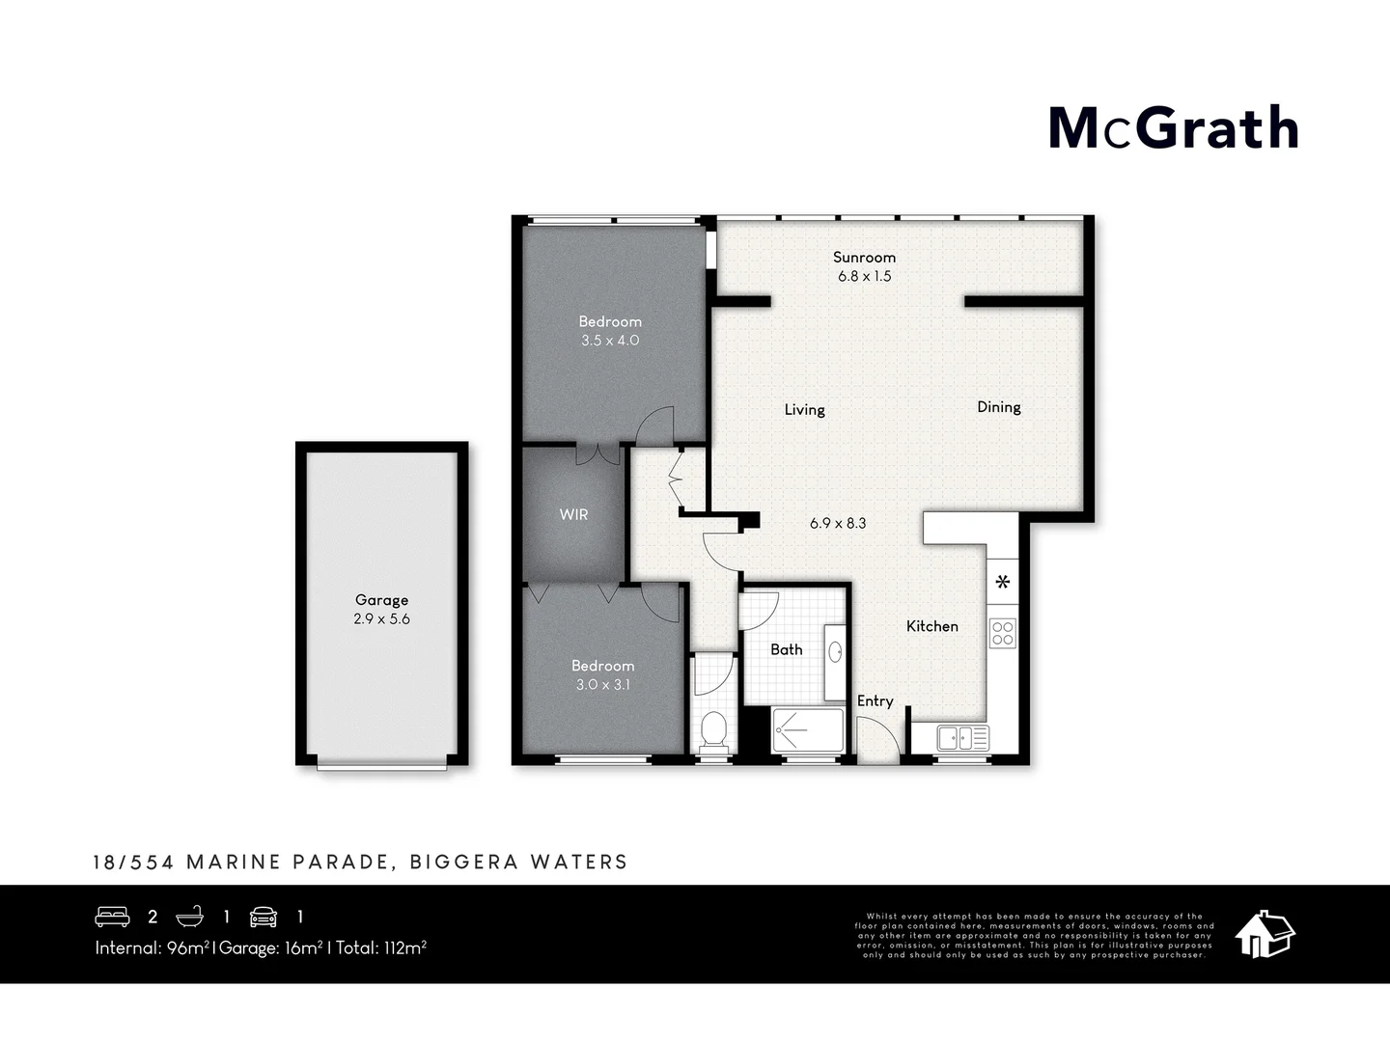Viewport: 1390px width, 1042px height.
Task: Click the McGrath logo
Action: [1173, 129]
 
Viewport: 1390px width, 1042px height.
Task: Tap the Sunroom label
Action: [864, 258]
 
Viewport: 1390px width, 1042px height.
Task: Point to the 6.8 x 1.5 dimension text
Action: [864, 276]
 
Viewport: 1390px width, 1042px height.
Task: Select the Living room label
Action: [804, 410]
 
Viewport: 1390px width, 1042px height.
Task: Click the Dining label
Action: [998, 407]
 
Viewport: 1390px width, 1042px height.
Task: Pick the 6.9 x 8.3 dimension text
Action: [838, 523]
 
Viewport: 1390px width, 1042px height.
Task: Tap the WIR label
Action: [573, 515]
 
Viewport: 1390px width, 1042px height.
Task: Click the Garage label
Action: [381, 600]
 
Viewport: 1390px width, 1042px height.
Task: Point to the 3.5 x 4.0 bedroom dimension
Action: [609, 341]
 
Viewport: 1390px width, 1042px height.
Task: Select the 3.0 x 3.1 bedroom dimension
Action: [602, 685]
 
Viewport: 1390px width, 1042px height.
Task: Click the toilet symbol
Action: [714, 730]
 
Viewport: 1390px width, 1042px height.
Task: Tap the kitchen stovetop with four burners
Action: [1003, 633]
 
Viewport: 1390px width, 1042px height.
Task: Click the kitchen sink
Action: [962, 738]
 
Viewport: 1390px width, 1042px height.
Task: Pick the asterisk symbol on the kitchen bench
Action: [1003, 582]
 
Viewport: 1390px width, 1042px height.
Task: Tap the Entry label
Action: [875, 701]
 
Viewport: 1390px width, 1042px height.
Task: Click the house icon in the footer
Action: [1265, 933]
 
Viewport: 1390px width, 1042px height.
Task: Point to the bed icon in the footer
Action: [112, 917]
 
